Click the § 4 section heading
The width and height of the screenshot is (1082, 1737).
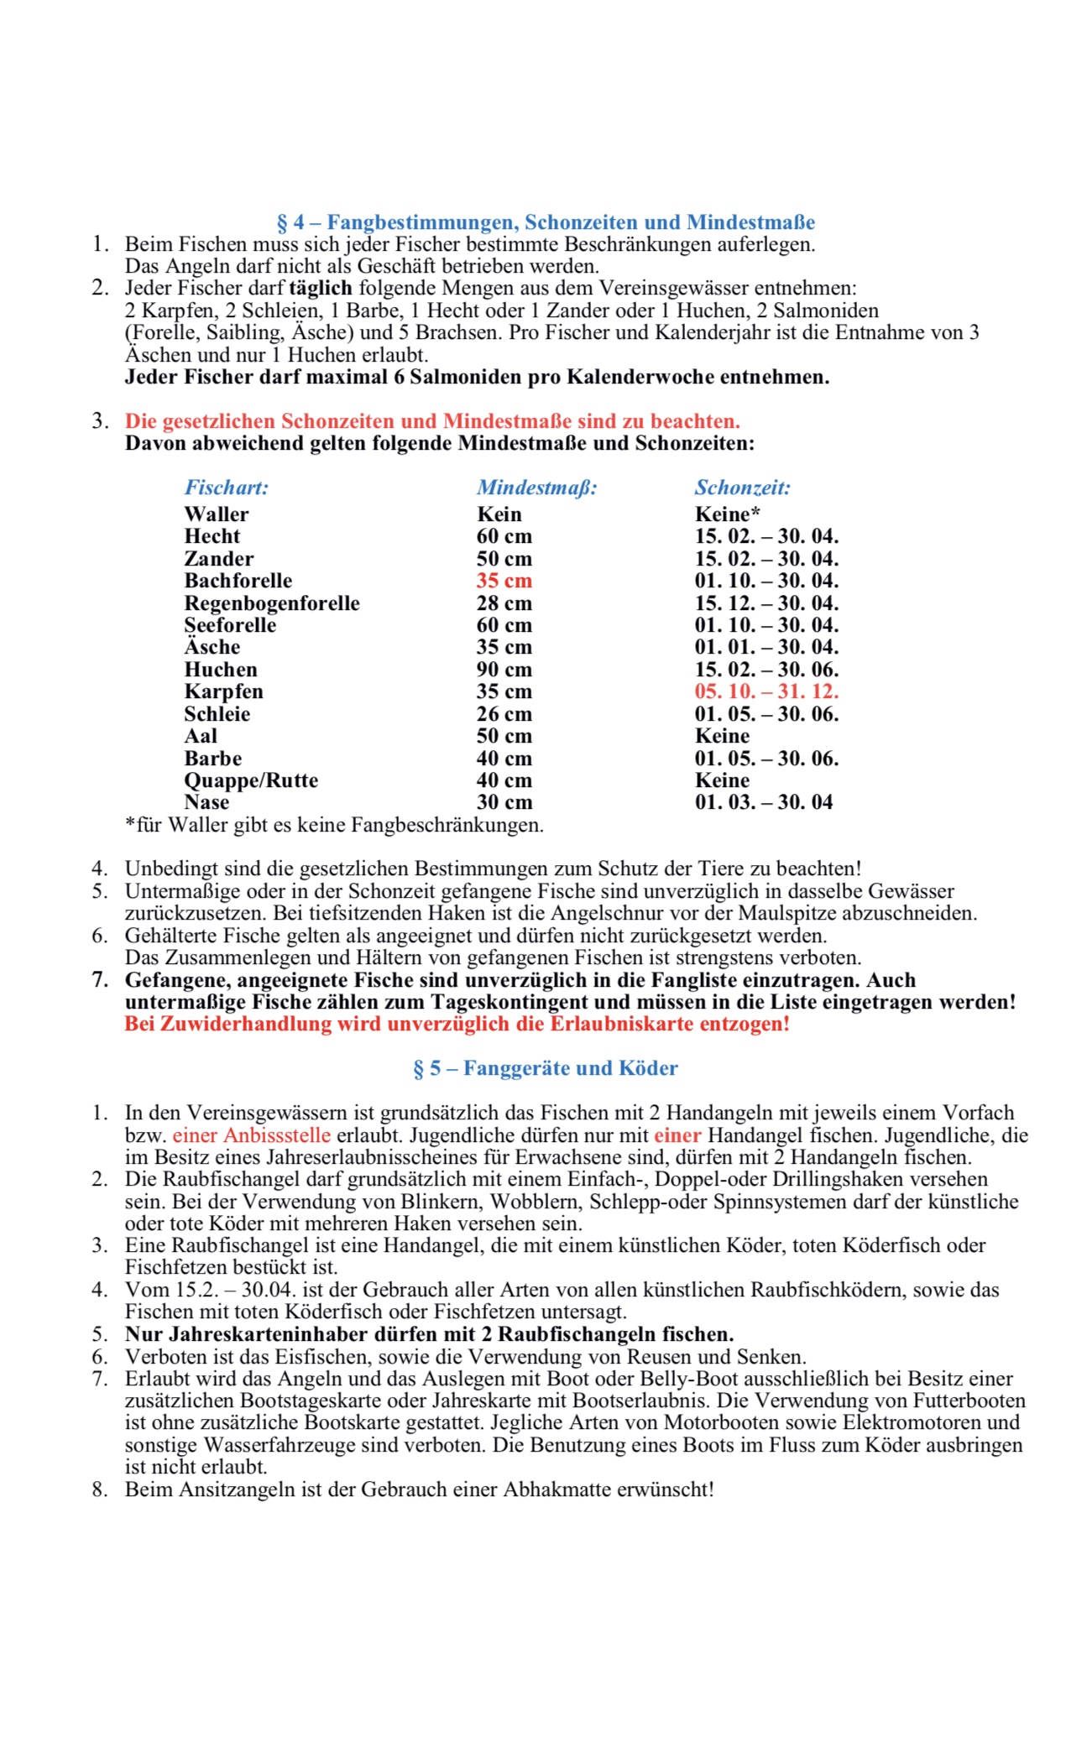pyautogui.click(x=546, y=222)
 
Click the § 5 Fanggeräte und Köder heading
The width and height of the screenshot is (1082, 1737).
pyautogui.click(x=546, y=1068)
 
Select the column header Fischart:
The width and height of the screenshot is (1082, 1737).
pyautogui.click(x=227, y=488)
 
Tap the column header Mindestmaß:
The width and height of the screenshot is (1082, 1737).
pyautogui.click(x=537, y=488)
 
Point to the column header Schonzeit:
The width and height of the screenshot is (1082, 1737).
pyautogui.click(x=743, y=488)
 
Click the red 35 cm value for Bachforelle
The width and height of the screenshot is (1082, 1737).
pyautogui.click(x=504, y=581)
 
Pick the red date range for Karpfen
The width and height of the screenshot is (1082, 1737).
pyautogui.click(x=766, y=691)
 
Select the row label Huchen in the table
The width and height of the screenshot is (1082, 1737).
pyautogui.click(x=221, y=670)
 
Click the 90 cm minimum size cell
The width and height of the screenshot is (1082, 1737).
pyautogui.click(x=504, y=670)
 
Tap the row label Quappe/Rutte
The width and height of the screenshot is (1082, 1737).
pyautogui.click(x=251, y=780)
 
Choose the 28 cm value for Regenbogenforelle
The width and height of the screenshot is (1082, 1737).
pyautogui.click(x=504, y=603)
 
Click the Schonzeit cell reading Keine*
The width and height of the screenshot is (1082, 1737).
pyautogui.click(x=727, y=514)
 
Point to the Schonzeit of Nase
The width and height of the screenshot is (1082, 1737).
pyautogui.click(x=764, y=802)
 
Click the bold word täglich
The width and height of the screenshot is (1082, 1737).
pyautogui.click(x=321, y=289)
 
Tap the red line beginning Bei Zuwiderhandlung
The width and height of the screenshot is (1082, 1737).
pyautogui.click(x=457, y=1024)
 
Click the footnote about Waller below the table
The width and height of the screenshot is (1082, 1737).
pyautogui.click(x=334, y=825)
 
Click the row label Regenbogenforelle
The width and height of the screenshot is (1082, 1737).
pyautogui.click(x=272, y=603)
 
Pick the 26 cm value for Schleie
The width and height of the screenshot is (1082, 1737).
pyautogui.click(x=504, y=714)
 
